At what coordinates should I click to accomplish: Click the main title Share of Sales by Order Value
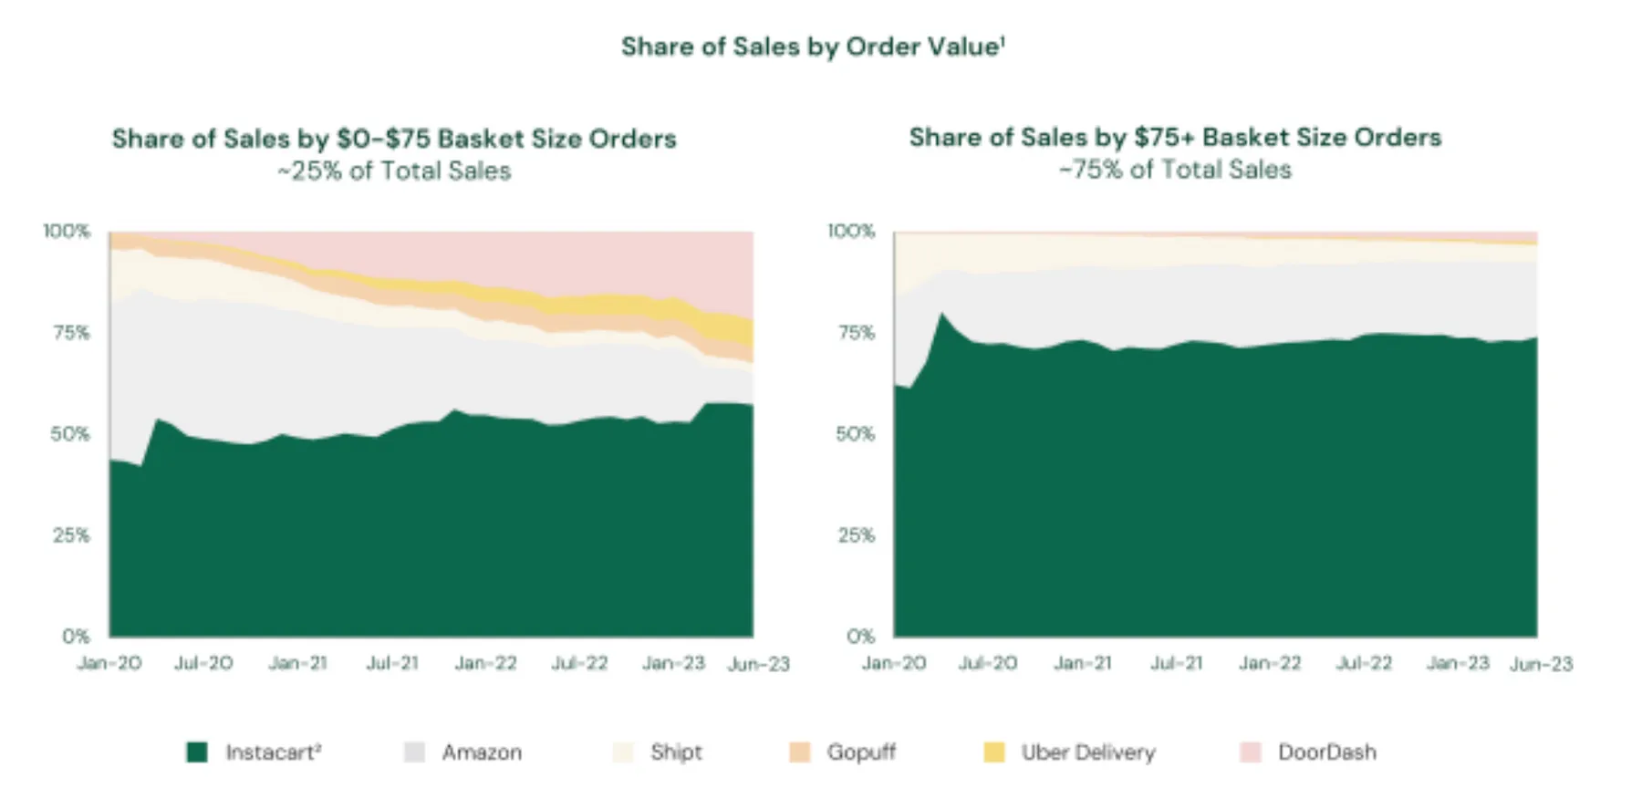click(x=813, y=47)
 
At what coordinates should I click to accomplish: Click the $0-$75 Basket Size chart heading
click(x=394, y=139)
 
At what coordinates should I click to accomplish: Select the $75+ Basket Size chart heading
click(x=1175, y=137)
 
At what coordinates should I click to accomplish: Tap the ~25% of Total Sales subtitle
click(x=394, y=171)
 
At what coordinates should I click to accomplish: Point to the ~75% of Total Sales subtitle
click(x=1175, y=170)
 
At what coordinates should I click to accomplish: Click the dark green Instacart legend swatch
click(x=197, y=752)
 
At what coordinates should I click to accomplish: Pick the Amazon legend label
click(x=482, y=752)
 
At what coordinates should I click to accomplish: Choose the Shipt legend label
click(x=676, y=752)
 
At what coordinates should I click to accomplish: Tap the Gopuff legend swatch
click(x=800, y=752)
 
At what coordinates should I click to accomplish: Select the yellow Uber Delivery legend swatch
click(x=994, y=752)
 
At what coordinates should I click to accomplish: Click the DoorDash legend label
click(x=1326, y=752)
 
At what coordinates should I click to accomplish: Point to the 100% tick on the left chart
click(x=67, y=232)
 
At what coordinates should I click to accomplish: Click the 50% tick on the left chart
click(x=70, y=434)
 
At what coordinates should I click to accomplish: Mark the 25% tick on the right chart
click(x=856, y=535)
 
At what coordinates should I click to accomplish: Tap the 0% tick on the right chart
click(x=860, y=636)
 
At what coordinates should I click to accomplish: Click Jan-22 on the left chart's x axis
click(x=486, y=663)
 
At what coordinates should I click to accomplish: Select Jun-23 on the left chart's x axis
click(x=758, y=664)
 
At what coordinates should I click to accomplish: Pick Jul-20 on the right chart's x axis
click(x=988, y=663)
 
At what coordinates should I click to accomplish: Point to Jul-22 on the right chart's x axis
click(x=1364, y=663)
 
